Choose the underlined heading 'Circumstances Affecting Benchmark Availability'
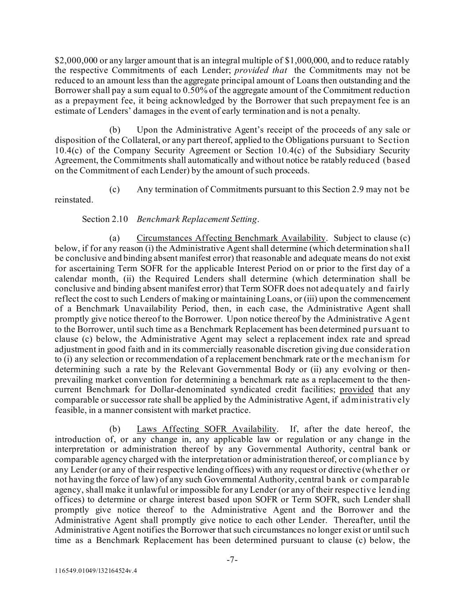pos(231,238)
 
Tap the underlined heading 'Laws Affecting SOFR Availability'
pos(207,429)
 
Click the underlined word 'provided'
pos(357,389)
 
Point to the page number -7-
pos(232,560)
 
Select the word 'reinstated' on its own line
pos(74,200)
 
